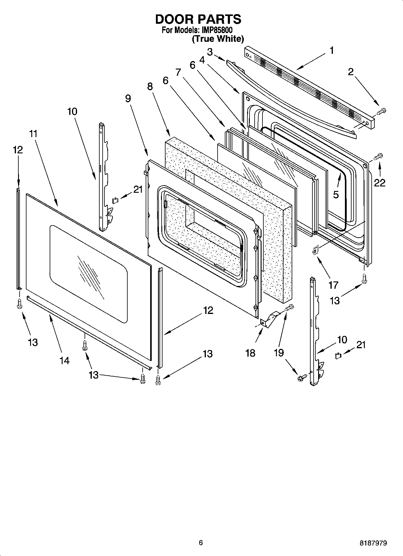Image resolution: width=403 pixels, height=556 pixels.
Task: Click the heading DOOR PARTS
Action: pos(198,19)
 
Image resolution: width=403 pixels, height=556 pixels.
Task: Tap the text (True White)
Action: pos(218,39)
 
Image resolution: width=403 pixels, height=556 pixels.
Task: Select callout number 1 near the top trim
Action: pos(332,50)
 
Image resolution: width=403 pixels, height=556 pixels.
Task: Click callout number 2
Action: pos(351,72)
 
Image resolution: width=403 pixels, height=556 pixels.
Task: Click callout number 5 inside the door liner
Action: pos(336,195)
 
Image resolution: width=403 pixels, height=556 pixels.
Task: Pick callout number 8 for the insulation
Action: pos(150,87)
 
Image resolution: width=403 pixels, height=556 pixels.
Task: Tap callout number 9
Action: pos(128,99)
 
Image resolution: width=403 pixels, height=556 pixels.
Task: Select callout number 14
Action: pos(64,360)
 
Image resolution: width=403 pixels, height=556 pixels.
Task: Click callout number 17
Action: pos(333,284)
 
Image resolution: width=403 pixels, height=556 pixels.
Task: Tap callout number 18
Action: pos(250,353)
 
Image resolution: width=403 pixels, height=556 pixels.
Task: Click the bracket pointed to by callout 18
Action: pos(269,319)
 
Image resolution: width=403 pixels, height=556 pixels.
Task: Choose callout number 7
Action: pos(178,72)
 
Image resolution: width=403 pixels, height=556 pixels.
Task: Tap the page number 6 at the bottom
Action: pos(201,543)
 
